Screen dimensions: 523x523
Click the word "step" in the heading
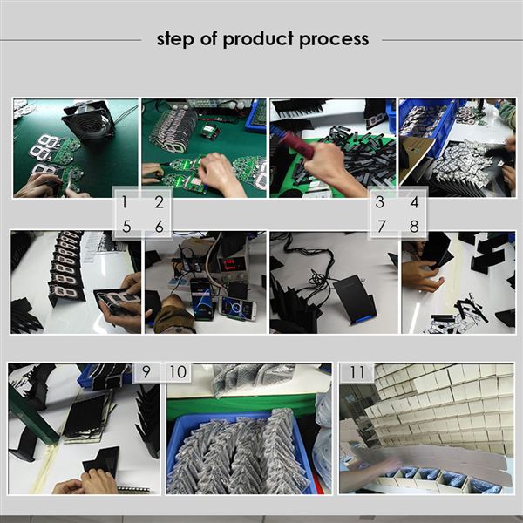tap(175, 39)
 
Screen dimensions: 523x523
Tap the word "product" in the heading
tap(259, 39)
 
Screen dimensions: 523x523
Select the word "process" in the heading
tap(334, 40)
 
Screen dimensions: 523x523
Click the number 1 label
tap(125, 202)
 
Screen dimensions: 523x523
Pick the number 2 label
tap(160, 202)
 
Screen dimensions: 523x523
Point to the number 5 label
tap(126, 227)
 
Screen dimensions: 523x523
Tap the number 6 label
tap(160, 227)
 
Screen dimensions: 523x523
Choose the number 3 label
tap(379, 202)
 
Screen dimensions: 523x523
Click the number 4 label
tap(414, 202)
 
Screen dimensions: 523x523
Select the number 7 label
tap(381, 226)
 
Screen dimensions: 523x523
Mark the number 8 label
tap(414, 226)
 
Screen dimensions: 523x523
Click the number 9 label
tap(146, 371)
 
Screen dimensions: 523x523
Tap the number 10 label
tap(178, 371)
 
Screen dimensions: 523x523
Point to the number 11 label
tap(357, 372)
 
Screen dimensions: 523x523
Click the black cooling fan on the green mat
tap(89, 121)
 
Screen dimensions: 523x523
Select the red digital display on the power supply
tap(230, 264)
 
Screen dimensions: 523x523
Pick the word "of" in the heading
tap(209, 38)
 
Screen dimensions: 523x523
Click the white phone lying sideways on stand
tap(238, 308)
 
